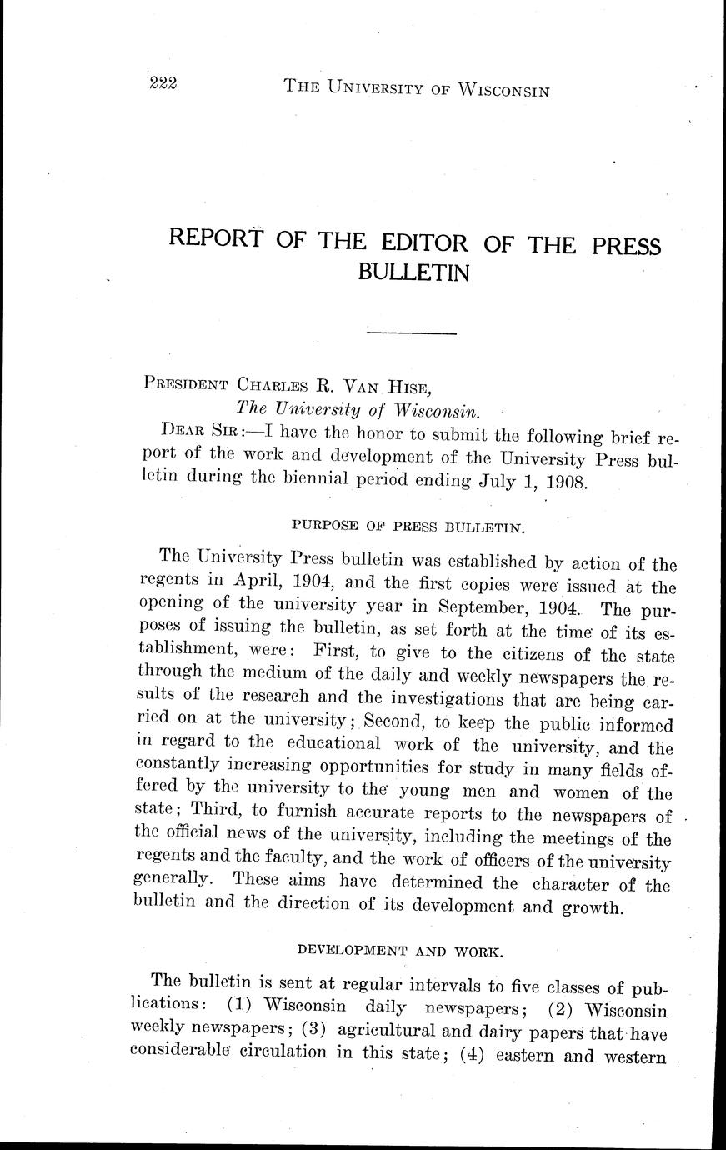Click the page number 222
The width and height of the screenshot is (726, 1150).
point(166,82)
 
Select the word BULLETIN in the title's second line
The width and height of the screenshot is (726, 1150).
point(413,272)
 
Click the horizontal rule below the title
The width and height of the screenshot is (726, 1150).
point(412,334)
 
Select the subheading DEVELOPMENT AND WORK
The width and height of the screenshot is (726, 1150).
point(399,950)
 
